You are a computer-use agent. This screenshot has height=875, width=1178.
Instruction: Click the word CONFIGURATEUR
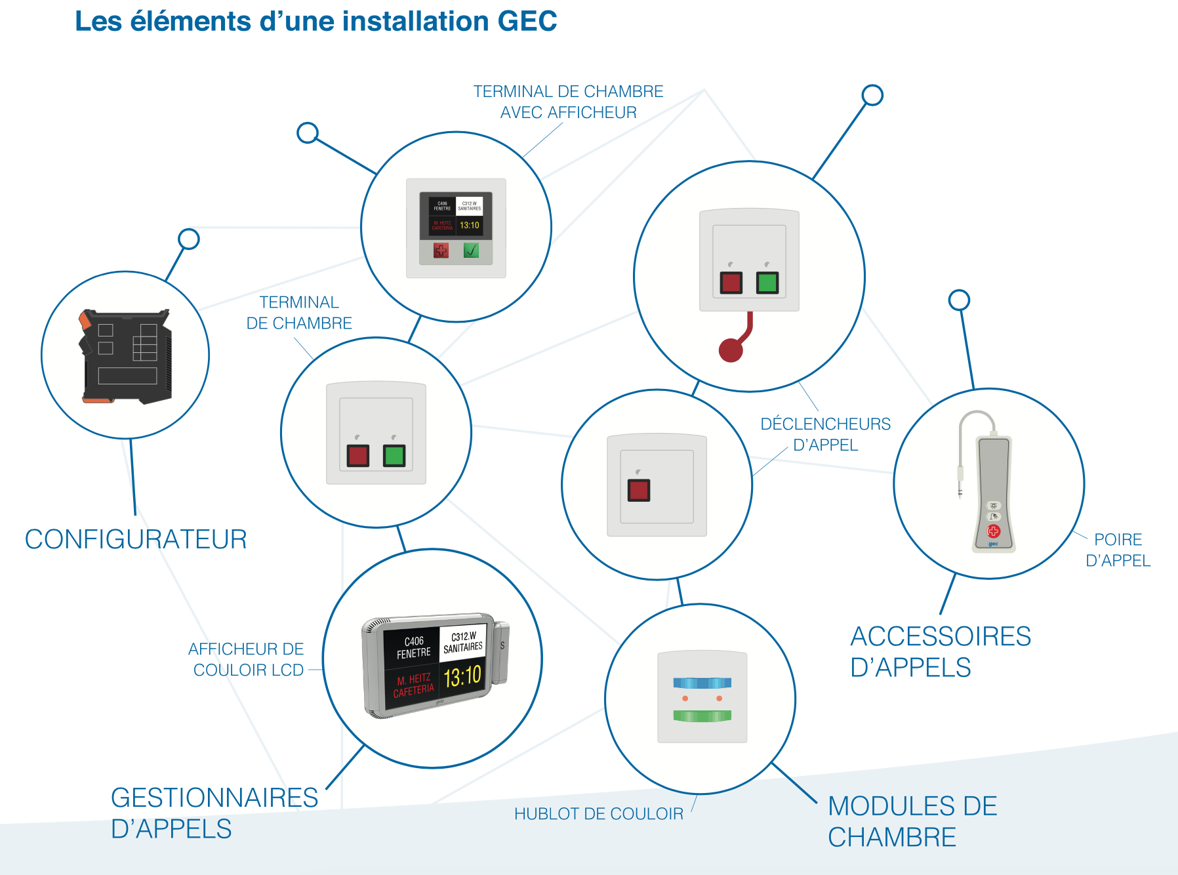tap(136, 540)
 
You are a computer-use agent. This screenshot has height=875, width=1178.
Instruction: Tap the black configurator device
tap(126, 356)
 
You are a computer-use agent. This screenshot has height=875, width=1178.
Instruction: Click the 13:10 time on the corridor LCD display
tap(462, 676)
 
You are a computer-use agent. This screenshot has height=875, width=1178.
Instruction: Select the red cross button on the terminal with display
tap(441, 250)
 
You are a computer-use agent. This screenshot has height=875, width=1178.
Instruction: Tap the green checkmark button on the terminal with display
tap(471, 250)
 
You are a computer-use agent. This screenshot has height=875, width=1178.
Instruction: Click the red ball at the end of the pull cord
tap(731, 350)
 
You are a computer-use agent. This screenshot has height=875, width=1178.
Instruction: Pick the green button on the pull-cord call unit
tap(767, 283)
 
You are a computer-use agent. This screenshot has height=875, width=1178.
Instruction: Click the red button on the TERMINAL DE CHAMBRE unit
tap(358, 455)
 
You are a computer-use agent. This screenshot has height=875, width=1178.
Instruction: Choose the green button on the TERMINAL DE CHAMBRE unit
tap(394, 455)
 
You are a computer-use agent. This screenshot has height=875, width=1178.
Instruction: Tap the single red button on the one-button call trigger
tap(639, 490)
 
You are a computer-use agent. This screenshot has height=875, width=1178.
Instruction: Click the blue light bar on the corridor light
tap(702, 683)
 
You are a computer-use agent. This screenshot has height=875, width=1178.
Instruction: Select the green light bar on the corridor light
tap(702, 716)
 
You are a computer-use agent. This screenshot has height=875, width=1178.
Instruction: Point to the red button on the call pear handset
tap(993, 531)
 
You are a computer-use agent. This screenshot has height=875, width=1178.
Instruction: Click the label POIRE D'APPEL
tap(1118, 550)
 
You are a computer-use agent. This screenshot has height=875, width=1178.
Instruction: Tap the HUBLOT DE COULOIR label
tap(598, 814)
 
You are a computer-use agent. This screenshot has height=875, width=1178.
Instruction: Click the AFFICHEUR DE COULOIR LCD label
tap(247, 659)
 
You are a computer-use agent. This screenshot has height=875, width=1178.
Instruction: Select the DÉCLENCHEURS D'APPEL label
tap(825, 434)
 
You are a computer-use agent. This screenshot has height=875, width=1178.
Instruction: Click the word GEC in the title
tap(527, 21)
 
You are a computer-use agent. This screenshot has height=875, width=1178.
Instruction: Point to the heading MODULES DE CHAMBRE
tap(912, 821)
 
